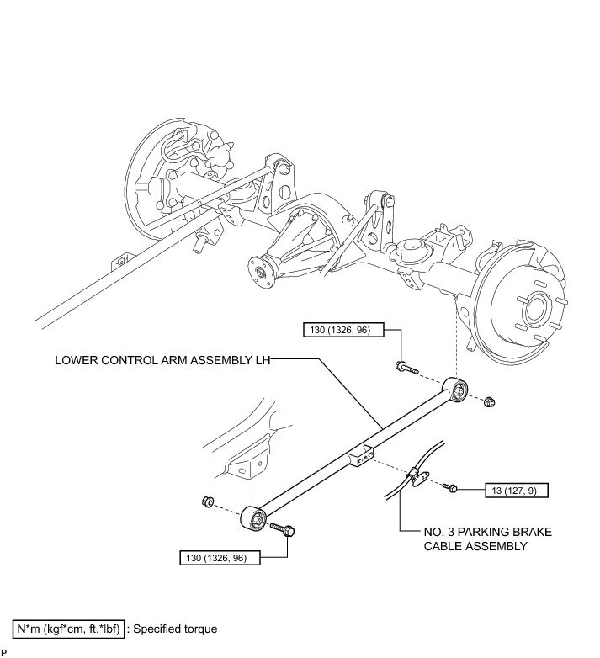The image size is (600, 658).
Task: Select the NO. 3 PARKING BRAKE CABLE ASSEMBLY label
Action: click(x=475, y=539)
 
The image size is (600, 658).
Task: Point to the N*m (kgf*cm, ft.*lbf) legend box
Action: click(x=69, y=629)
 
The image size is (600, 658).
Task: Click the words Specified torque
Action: click(x=176, y=629)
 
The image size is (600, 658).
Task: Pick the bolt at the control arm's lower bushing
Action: click(x=283, y=528)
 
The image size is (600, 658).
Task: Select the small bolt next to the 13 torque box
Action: click(x=450, y=486)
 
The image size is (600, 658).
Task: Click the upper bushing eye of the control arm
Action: click(x=459, y=390)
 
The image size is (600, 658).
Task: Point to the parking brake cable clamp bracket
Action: click(x=414, y=477)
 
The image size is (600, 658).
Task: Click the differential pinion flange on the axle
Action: click(x=258, y=269)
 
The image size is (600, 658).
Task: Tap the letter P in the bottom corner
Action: click(x=4, y=652)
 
